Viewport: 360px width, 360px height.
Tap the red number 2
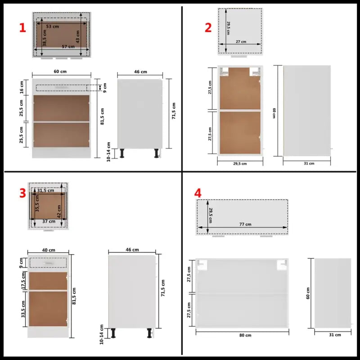pos(208,28)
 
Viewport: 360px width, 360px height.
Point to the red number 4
pos(198,193)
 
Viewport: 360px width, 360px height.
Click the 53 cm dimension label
pos(53,27)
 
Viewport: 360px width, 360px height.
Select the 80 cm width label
pos(245,335)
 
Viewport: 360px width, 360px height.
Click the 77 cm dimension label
pos(245,225)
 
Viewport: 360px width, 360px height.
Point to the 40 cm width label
pos(49,250)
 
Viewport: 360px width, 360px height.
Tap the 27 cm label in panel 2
pos(241,42)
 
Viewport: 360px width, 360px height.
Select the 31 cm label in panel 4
pos(335,335)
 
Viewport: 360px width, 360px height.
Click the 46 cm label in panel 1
pos(140,72)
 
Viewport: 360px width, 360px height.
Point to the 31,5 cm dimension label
pos(45,190)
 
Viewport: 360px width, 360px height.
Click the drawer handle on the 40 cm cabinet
pos(49,261)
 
